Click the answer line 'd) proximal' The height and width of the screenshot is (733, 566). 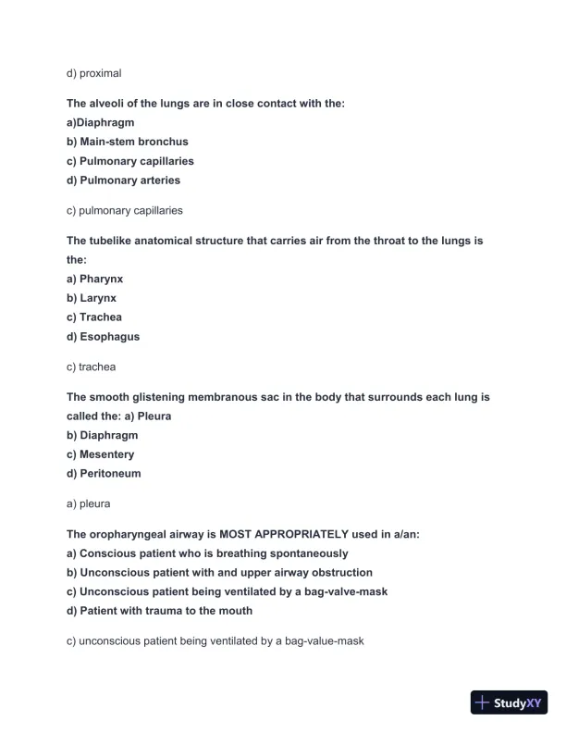93,72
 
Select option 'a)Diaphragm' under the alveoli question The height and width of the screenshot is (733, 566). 100,122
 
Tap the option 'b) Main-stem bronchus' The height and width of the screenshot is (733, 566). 127,142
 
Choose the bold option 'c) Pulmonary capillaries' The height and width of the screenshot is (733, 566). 129,161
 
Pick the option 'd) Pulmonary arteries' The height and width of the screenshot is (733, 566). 123,180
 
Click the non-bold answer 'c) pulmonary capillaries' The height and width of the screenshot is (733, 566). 124,211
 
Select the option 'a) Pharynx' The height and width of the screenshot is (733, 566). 94,279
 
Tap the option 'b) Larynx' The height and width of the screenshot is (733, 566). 92,298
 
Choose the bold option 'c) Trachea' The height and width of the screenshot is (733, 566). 93,317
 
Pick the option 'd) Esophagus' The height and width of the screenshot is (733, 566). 103,337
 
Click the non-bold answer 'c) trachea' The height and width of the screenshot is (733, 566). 91,367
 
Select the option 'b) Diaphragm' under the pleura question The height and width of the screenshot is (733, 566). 102,435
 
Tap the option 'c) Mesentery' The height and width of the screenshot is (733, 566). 100,454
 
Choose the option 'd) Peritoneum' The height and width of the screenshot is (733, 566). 104,474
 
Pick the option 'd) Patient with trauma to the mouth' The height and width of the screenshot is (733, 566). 159,611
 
